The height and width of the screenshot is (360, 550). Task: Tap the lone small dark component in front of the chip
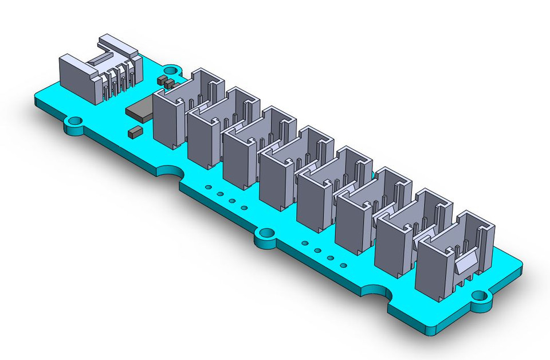click(133, 132)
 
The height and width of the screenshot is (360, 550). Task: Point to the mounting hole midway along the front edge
click(265, 234)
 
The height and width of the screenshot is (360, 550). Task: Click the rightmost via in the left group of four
click(245, 208)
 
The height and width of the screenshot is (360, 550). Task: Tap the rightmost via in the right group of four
click(343, 265)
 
